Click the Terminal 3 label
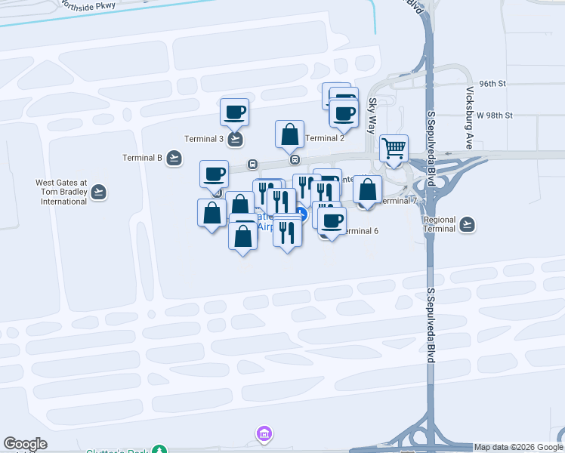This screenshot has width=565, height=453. [204, 139]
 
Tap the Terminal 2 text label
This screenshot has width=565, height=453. [326, 138]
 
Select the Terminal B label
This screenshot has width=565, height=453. [143, 158]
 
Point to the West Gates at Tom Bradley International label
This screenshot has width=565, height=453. [62, 192]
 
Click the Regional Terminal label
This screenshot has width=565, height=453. [440, 224]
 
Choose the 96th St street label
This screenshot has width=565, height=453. [492, 83]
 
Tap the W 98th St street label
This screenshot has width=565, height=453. [495, 116]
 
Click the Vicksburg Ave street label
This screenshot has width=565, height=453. [469, 118]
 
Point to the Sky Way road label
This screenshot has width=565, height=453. [372, 116]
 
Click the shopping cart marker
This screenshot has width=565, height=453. [394, 148]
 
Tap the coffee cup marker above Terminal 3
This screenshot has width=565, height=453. [234, 112]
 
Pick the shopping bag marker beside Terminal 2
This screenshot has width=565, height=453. [289, 134]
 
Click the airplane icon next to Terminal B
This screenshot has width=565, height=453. [174, 158]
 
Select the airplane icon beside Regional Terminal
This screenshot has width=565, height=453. [468, 224]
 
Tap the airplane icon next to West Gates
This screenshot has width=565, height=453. [99, 193]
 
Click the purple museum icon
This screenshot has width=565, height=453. [264, 433]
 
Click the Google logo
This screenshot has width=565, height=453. [25, 445]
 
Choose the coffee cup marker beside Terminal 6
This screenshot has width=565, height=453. [331, 220]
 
